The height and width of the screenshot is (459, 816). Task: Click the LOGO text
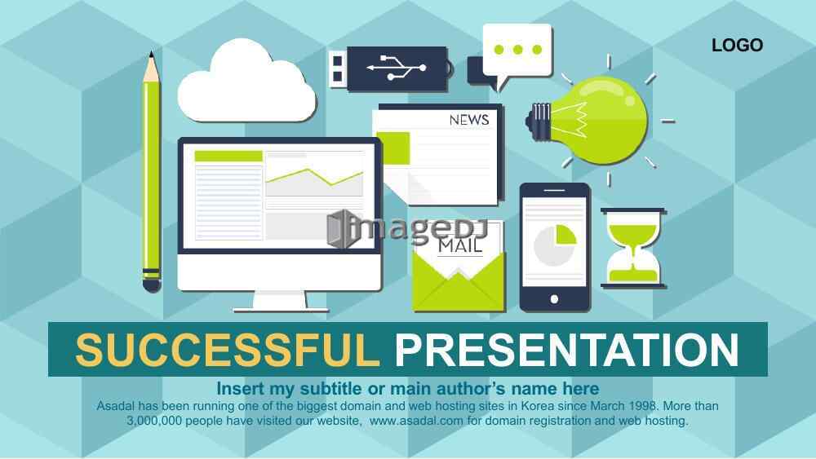pyautogui.click(x=737, y=45)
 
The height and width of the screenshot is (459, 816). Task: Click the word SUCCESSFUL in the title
pyautogui.click(x=228, y=350)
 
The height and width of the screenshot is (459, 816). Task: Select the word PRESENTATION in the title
pyautogui.click(x=567, y=350)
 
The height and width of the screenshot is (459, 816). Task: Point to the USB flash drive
pyautogui.click(x=391, y=68)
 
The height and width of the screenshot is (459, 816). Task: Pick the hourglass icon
pyautogui.click(x=633, y=248)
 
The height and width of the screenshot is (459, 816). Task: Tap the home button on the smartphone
pyautogui.click(x=554, y=299)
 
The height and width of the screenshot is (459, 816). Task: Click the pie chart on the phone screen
pyautogui.click(x=555, y=245)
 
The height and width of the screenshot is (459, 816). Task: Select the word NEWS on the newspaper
pyautogui.click(x=469, y=120)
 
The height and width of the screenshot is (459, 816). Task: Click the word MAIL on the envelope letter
pyautogui.click(x=460, y=245)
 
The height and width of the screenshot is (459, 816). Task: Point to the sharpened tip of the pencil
pyautogui.click(x=152, y=54)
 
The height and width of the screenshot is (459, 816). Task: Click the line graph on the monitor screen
pyautogui.click(x=314, y=177)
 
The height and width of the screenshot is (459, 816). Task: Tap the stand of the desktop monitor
pyautogui.click(x=280, y=302)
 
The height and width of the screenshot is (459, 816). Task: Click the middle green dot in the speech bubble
pyautogui.click(x=517, y=50)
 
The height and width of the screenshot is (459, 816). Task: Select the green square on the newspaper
pyautogui.click(x=393, y=148)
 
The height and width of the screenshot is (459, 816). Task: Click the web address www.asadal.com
pyautogui.click(x=416, y=421)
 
